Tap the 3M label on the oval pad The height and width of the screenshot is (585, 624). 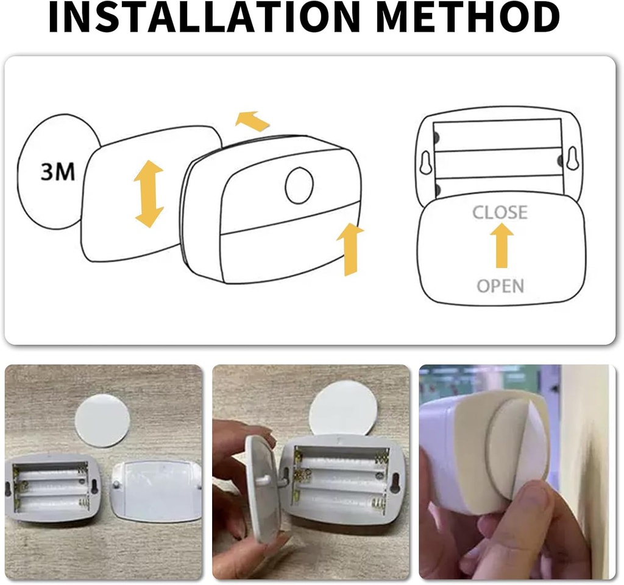click(x=58, y=172)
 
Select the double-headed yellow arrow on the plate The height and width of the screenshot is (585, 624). click(x=149, y=194)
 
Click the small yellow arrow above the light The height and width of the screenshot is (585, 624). click(x=252, y=121)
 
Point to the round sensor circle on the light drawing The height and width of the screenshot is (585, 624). click(x=299, y=186)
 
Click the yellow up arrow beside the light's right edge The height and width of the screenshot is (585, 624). click(x=350, y=248)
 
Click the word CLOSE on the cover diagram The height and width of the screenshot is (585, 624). click(x=500, y=212)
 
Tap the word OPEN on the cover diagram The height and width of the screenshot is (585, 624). click(x=500, y=285)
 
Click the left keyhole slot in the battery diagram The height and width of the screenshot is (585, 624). click(x=425, y=162)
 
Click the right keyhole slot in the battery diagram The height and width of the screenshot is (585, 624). click(x=572, y=159)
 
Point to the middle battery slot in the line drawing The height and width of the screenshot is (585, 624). click(x=498, y=163)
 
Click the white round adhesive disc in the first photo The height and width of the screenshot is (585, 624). click(x=102, y=420)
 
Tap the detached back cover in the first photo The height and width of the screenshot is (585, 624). click(x=155, y=491)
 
